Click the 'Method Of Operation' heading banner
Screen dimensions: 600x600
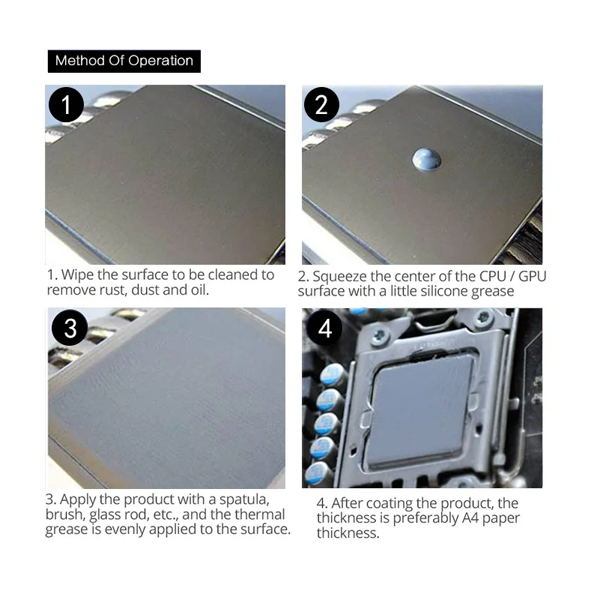[x=124, y=61]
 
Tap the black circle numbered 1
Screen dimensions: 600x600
[x=66, y=104]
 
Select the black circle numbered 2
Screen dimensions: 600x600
[x=321, y=104]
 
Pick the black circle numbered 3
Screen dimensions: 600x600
[x=70, y=328]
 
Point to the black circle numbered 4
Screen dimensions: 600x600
[x=324, y=328]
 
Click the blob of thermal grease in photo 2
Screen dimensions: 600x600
[x=427, y=159]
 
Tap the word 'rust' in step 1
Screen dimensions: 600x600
[x=112, y=290]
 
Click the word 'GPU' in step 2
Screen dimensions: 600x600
[x=533, y=276]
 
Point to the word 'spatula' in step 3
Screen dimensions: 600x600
[x=244, y=499]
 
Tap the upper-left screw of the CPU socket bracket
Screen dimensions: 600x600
[x=380, y=335]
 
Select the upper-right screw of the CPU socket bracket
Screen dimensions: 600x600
[x=485, y=316]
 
